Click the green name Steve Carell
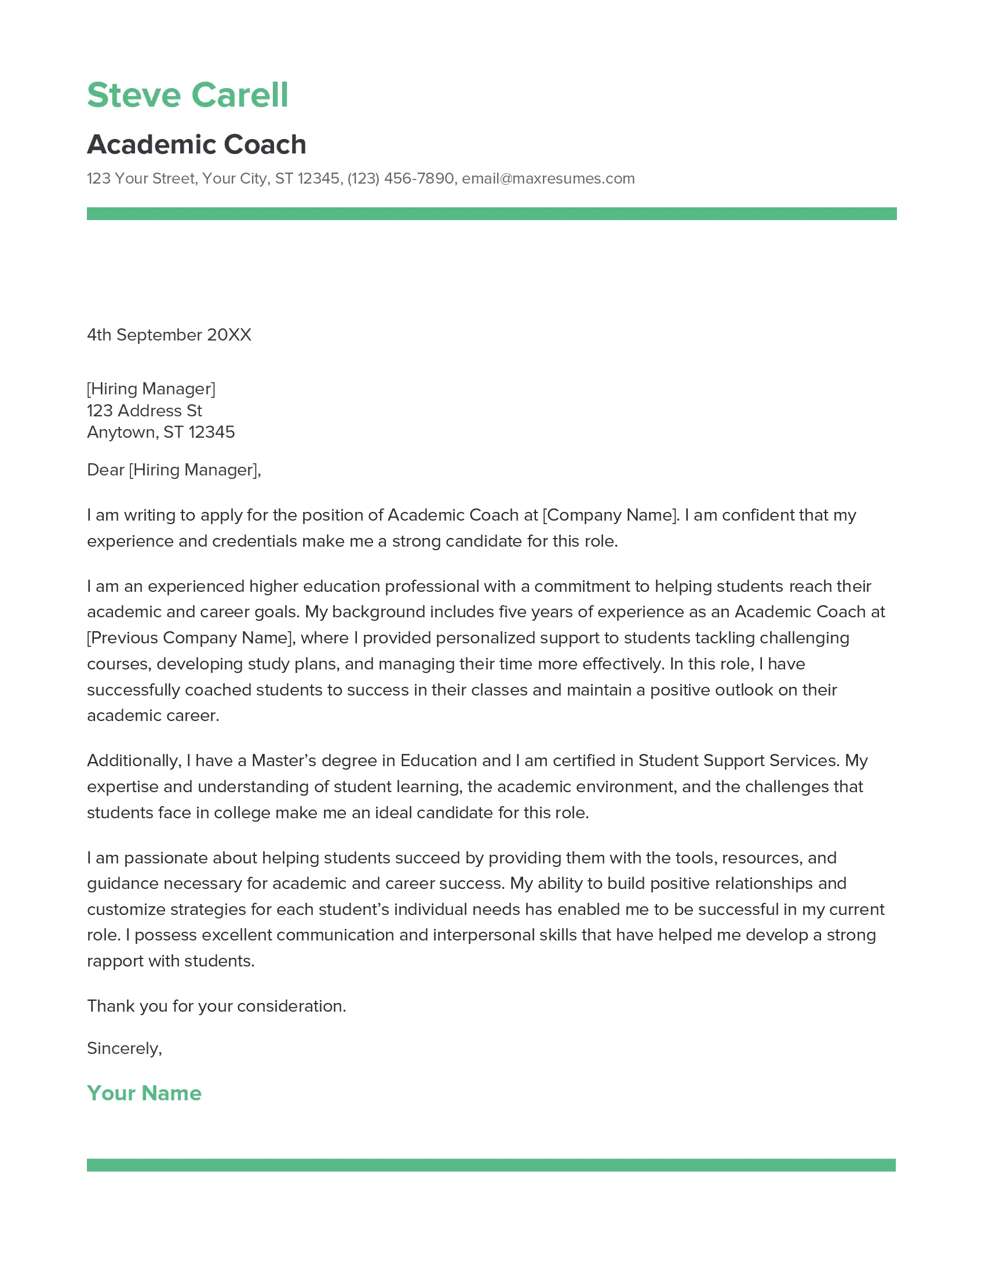187,95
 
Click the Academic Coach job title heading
196,145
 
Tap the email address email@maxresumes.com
548,178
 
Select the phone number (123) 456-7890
400,178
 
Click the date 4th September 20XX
169,335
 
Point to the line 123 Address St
144,411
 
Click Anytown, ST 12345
160,432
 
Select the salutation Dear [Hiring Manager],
174,470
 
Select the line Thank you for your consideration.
217,1006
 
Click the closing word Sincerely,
125,1048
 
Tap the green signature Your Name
144,1093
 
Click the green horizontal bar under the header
491,214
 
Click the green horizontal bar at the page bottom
491,1165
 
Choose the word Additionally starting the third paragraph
134,761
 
